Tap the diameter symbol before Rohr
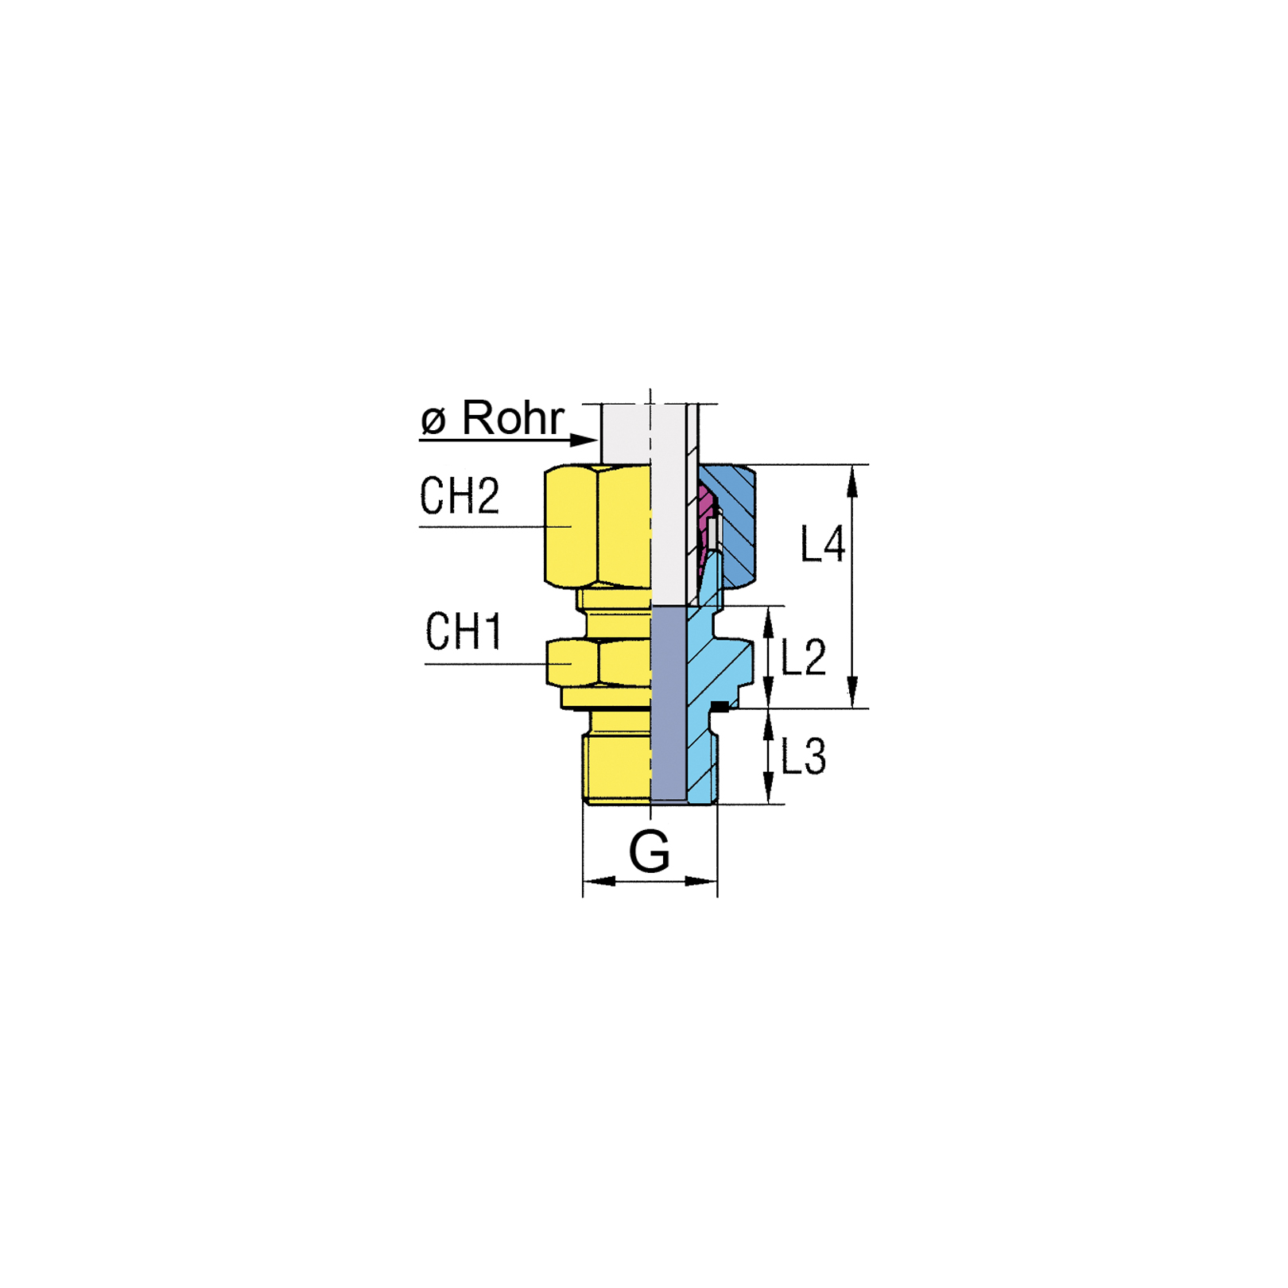click(x=433, y=420)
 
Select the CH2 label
click(x=460, y=495)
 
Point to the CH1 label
click(x=464, y=631)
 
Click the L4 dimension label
click(x=822, y=545)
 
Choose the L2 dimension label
click(x=804, y=658)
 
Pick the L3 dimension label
click(x=804, y=756)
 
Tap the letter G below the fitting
click(x=650, y=852)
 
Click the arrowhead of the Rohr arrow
click(x=584, y=440)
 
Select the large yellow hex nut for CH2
click(x=598, y=526)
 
